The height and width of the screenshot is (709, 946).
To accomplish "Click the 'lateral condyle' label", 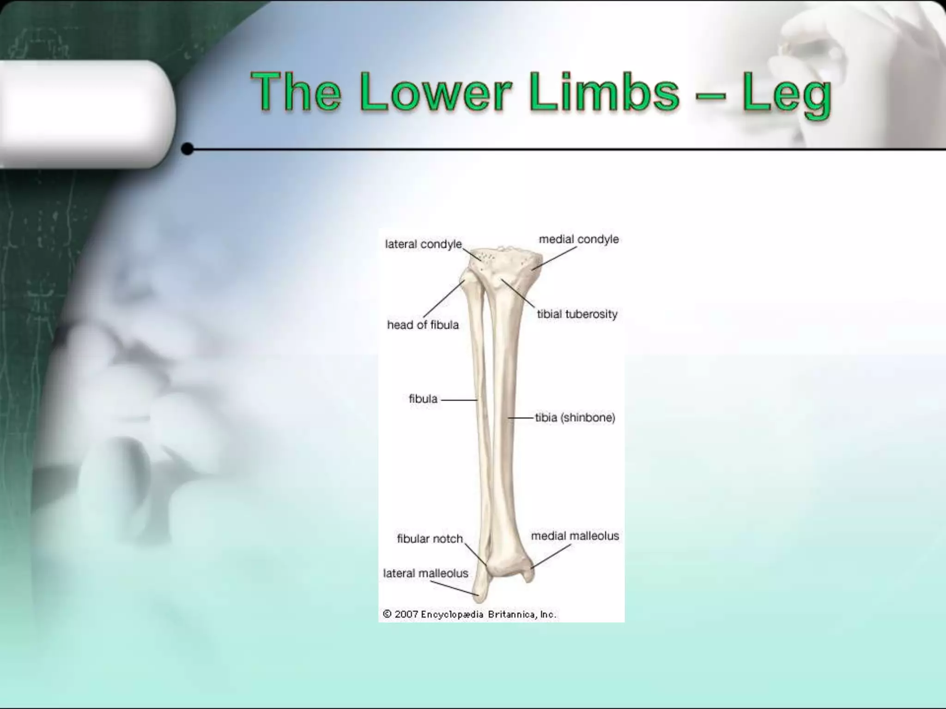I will click(423, 244).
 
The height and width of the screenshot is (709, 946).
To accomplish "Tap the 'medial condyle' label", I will click(578, 239).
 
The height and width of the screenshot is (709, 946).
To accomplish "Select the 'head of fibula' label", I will click(423, 325).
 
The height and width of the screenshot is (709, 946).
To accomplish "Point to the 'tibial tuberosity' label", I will click(577, 314).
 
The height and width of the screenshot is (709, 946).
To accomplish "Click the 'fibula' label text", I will click(423, 399).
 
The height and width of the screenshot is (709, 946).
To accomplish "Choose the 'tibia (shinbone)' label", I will click(575, 418).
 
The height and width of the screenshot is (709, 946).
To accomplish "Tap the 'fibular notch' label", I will click(430, 539).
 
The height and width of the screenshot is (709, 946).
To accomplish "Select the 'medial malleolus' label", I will click(575, 536).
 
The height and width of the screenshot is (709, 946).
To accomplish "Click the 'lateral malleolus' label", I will click(425, 573).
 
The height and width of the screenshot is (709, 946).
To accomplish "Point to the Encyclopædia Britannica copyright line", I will click(469, 614).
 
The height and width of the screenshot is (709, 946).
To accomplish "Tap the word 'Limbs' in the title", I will click(605, 92).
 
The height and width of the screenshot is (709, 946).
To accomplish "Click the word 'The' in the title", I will click(296, 92).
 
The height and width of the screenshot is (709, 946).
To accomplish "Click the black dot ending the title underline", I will click(188, 149).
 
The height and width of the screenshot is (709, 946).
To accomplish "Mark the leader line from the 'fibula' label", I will click(458, 400).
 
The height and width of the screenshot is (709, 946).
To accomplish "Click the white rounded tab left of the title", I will click(83, 113).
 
